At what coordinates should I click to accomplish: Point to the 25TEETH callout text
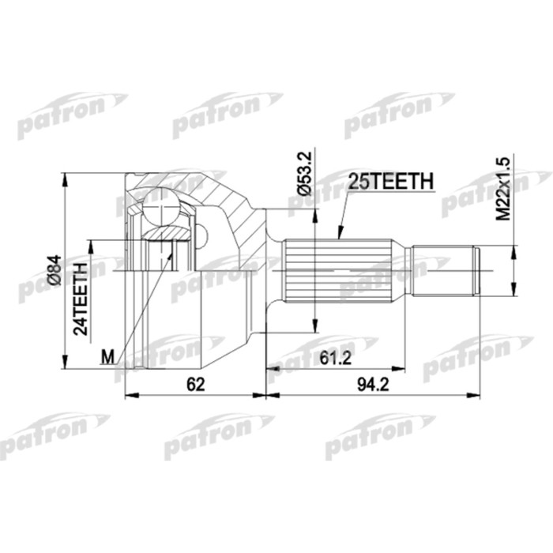(391, 181)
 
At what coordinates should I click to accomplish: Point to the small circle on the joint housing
(202, 235)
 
